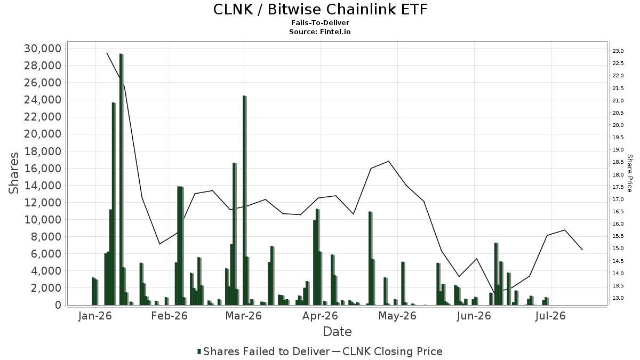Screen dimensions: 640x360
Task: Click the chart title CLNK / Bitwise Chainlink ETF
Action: [x=320, y=10]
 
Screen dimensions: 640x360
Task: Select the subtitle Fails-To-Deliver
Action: [x=320, y=22]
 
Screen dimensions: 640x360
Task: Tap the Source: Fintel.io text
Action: [x=319, y=31]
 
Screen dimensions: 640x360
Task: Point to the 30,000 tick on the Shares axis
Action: [x=43, y=49]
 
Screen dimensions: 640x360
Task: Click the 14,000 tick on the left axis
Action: [x=43, y=186]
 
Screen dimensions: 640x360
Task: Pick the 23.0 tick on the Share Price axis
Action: [x=618, y=51]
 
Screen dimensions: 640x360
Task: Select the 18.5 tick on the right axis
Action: [x=618, y=162]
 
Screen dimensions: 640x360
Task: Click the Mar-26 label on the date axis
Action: [x=243, y=316]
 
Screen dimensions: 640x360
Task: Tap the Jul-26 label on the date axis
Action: [x=550, y=316]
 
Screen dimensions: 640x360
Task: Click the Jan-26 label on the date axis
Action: [x=94, y=316]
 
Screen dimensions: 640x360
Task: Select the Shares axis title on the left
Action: [x=13, y=173]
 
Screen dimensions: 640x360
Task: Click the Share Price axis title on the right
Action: [x=629, y=173]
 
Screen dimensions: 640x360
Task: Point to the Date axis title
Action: [x=337, y=332]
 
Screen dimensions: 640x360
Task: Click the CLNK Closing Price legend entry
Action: [x=387, y=351]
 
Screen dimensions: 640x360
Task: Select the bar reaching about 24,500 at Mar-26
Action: [x=245, y=201]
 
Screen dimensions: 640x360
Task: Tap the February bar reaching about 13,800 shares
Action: [x=180, y=246]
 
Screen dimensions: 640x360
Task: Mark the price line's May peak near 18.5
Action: [x=388, y=161]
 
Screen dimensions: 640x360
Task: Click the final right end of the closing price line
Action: [x=582, y=250]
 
